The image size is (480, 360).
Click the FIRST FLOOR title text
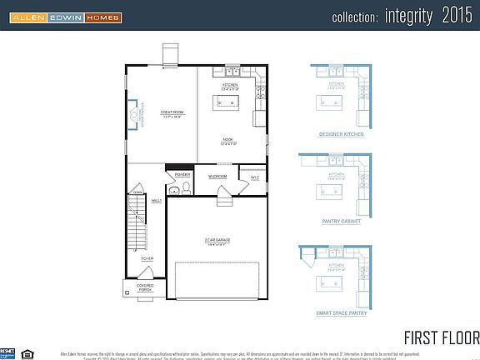[x=442, y=337]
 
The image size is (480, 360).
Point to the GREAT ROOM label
[x=172, y=112]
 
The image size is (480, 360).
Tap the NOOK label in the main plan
[x=227, y=139]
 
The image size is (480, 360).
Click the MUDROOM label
[x=218, y=177]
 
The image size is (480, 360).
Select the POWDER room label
[x=182, y=174]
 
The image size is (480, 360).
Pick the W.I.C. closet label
[x=255, y=177]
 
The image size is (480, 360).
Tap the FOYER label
[x=147, y=259]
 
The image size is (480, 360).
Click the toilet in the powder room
[x=173, y=190]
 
